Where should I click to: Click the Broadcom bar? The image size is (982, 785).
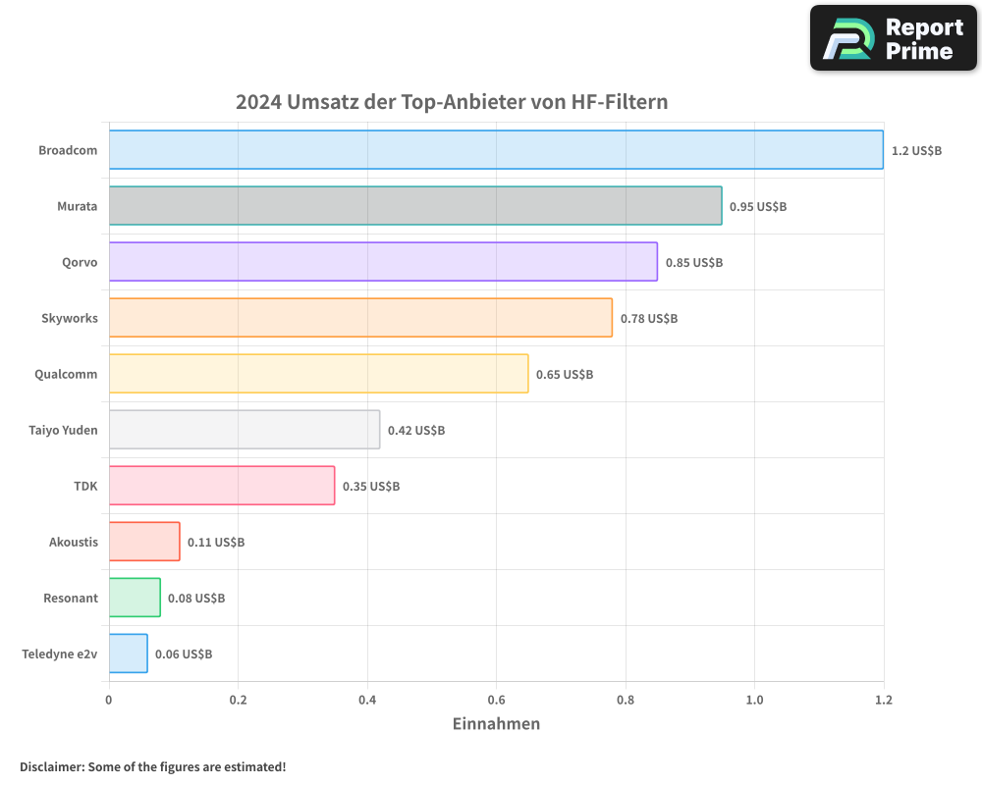496,150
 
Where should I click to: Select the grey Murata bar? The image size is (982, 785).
415,206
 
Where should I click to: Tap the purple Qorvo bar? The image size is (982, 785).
383,262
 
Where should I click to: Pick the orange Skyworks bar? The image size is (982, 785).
360,318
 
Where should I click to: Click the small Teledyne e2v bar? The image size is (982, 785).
129,654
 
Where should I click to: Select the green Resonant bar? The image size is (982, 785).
135,598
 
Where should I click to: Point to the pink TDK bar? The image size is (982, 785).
222,486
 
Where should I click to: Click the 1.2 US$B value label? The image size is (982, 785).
916,151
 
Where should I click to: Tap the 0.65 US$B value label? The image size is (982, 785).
565,375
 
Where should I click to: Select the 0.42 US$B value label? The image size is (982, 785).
416,431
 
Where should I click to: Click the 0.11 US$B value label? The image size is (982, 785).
216,543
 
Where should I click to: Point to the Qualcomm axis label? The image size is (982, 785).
66,374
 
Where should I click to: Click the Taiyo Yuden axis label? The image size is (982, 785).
63,430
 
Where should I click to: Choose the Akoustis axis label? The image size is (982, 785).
74,542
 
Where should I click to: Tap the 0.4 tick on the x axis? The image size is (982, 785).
367,701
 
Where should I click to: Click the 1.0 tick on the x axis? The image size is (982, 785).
754,701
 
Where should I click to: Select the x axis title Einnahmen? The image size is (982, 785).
496,724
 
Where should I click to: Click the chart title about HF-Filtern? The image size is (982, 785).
452,102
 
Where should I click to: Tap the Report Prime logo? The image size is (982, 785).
894,38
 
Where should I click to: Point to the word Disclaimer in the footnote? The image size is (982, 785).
50,766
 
